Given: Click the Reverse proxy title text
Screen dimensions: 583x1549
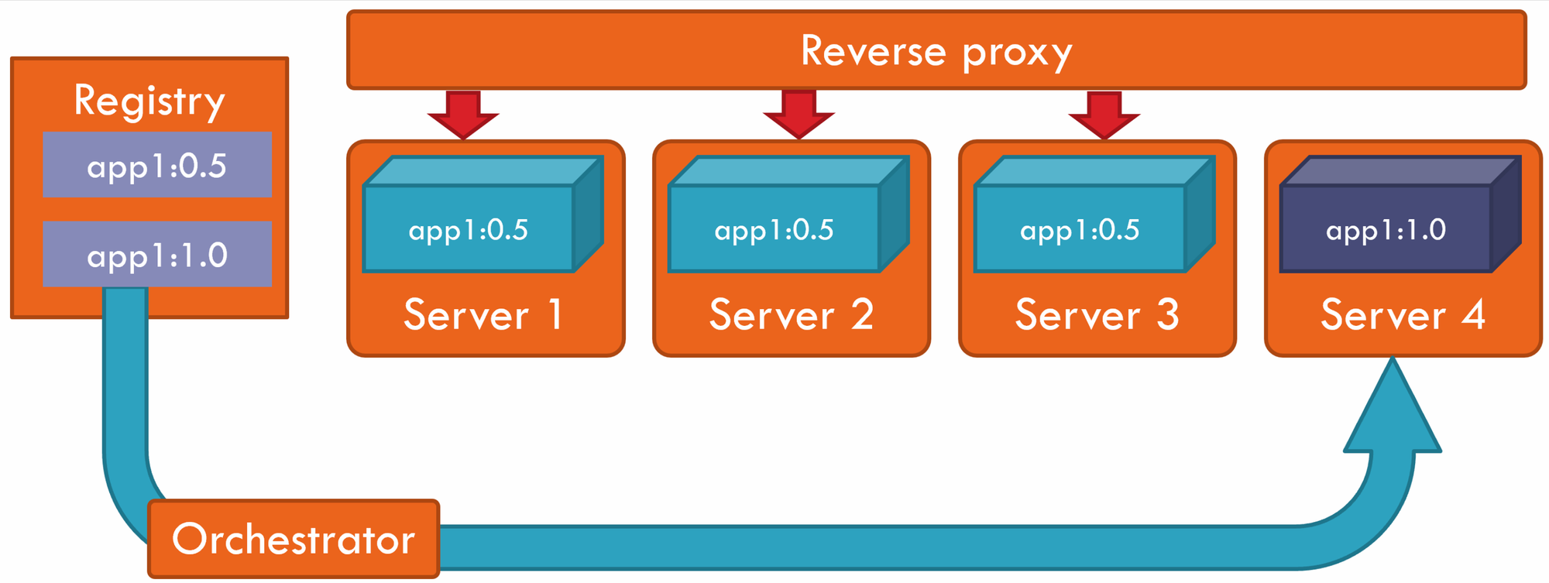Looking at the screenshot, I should [936, 51].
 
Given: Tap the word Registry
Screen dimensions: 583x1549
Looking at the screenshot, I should [149, 101].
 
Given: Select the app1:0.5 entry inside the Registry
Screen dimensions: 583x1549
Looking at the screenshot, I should [157, 165].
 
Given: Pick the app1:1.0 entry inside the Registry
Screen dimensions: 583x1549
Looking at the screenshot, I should [157, 255].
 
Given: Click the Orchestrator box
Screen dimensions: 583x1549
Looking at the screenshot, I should [294, 539].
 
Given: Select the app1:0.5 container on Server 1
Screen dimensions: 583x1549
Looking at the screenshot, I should [469, 229].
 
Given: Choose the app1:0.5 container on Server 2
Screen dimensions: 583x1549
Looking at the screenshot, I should [774, 229].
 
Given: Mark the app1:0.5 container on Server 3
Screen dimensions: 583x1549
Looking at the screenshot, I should [1080, 229].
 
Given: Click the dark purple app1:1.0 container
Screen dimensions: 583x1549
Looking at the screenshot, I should [1386, 229].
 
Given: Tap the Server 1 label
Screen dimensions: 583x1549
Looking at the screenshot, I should [483, 314].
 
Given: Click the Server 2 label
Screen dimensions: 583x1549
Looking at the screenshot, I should [791, 314].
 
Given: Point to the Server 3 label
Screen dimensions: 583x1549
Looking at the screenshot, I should [1097, 314].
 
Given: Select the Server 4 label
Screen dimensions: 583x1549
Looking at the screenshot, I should [1403, 314].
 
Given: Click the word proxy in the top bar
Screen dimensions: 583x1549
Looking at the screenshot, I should [1016, 53].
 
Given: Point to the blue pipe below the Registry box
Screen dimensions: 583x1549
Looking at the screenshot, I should [125, 387].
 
